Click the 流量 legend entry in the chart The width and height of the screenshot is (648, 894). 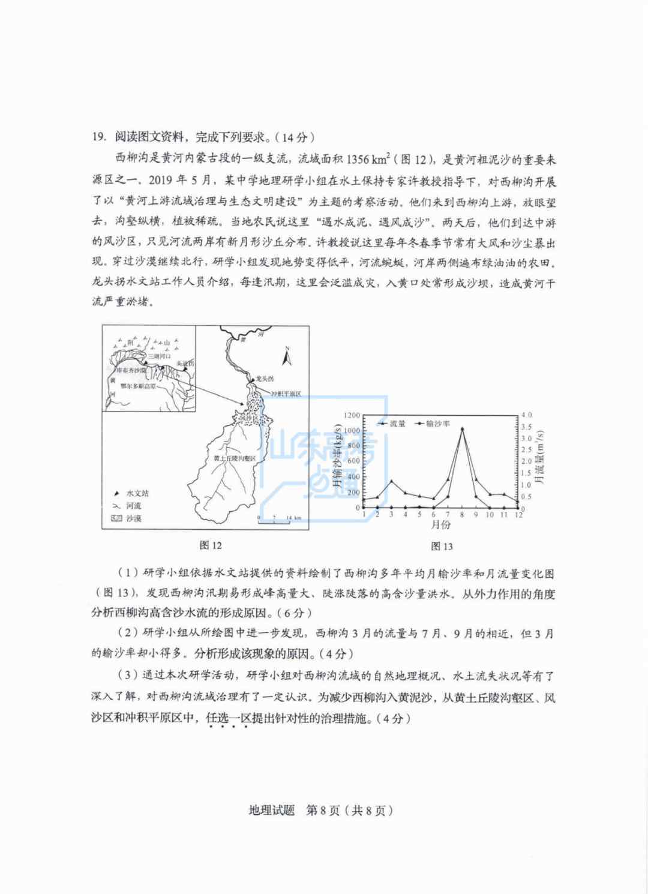[x=397, y=424]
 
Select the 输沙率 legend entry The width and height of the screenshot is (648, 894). [x=437, y=424]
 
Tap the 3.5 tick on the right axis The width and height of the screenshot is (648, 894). [x=527, y=427]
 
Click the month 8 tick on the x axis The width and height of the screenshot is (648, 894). [x=462, y=515]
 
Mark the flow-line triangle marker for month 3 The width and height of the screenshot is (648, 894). [x=391, y=481]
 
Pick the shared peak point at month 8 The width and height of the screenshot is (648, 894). [x=462, y=428]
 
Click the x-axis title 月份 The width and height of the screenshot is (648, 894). [x=441, y=525]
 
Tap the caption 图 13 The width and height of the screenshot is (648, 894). [x=442, y=546]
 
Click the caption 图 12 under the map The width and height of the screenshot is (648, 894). [x=211, y=545]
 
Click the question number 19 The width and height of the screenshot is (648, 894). [x=98, y=137]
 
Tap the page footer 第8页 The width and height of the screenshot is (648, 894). [x=323, y=811]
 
